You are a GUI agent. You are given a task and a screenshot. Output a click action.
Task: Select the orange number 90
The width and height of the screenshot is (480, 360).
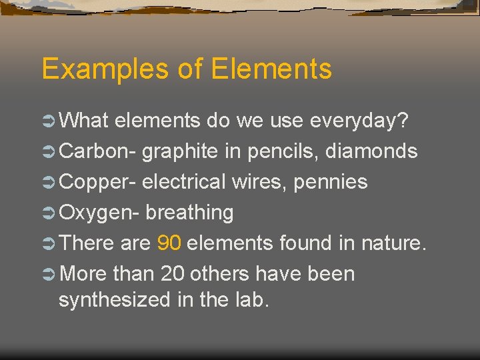pyautogui.click(x=169, y=243)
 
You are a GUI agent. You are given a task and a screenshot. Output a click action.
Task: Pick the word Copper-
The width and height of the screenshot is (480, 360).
pyautogui.click(x=98, y=182)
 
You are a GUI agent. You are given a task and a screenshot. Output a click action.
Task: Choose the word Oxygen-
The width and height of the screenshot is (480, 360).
pyautogui.click(x=99, y=213)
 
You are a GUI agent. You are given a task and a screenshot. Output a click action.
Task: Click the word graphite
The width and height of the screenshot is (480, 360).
pyautogui.click(x=179, y=151)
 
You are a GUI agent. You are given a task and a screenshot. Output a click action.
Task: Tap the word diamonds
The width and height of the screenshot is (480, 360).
pyautogui.click(x=371, y=151)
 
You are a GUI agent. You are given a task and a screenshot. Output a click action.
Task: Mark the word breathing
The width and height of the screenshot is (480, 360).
pyautogui.click(x=189, y=213)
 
